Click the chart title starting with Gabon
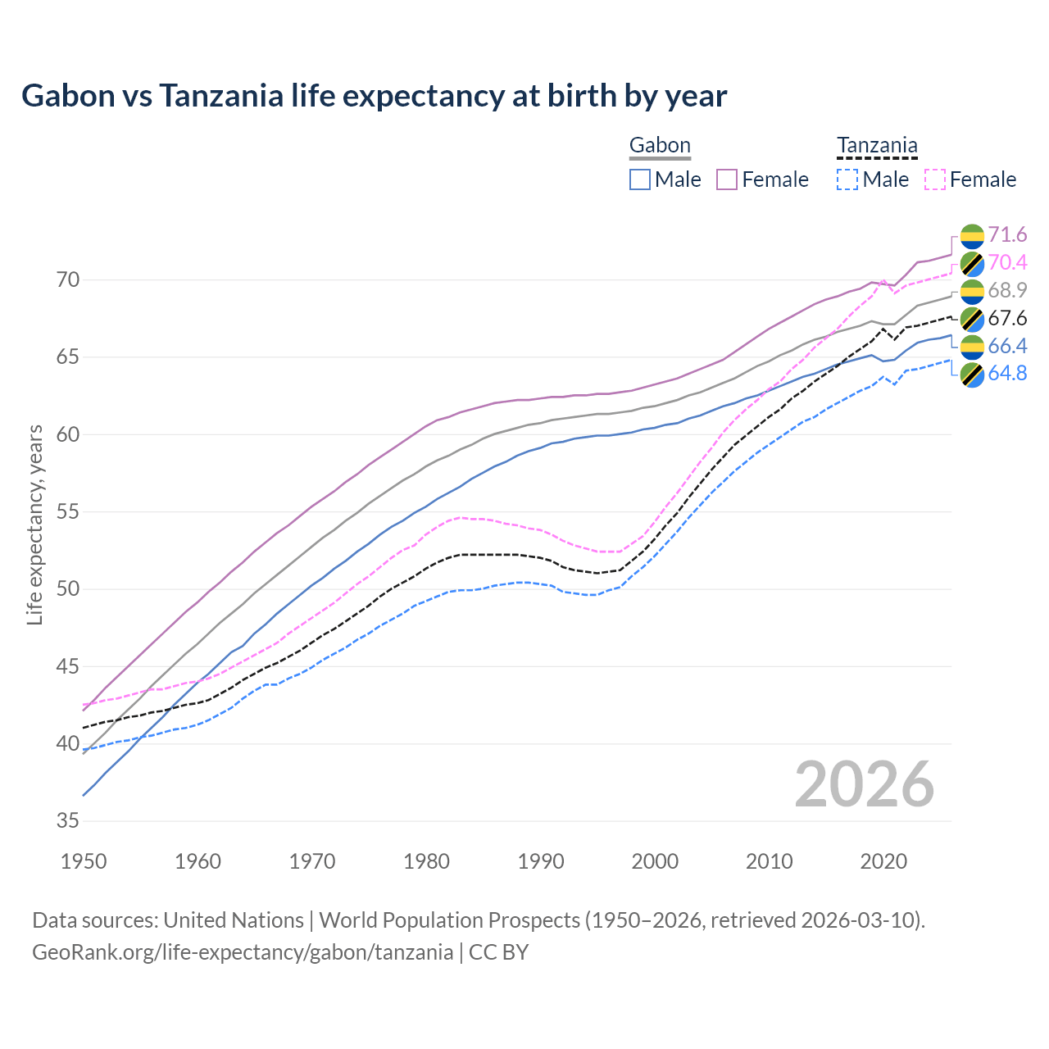pos(374,96)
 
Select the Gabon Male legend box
pos(640,179)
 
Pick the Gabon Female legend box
pos(727,179)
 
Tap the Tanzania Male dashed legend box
pos(847,179)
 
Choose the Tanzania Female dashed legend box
pos(934,179)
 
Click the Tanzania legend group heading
pos(877,146)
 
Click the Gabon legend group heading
pos(660,146)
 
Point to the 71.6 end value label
pos(1007,235)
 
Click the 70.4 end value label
pos(1007,263)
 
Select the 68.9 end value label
pos(1007,290)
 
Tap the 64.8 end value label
pos(1007,374)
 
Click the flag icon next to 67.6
pos(972,319)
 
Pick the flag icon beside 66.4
pos(972,347)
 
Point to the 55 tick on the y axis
pos(68,512)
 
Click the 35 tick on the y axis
pos(68,821)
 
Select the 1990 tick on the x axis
pos(541,861)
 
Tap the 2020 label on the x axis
pos(883,861)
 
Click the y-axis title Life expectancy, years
pos(35,524)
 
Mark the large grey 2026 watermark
pos(865,784)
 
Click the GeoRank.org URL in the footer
pos(243,952)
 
